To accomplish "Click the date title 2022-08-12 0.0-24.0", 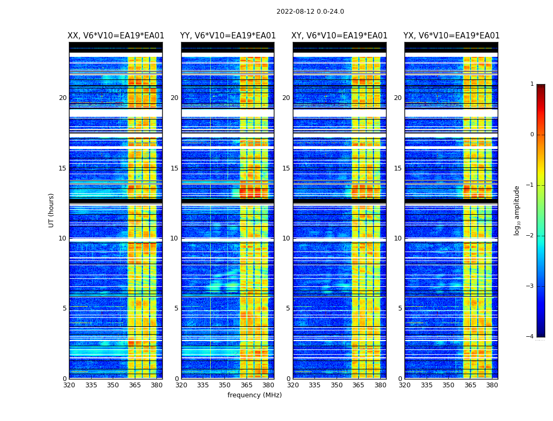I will pos(310,12).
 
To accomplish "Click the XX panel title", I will pos(116,36).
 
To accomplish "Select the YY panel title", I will pos(228,36).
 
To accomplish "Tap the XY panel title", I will pos(340,36).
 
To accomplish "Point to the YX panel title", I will pos(451,36).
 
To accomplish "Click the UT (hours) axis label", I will pos(52,210).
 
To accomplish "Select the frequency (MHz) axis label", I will pos(254,395).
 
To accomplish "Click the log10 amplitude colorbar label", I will pos(517,210).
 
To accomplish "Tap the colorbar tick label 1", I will pos(531,84).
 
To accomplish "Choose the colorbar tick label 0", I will pos(531,135).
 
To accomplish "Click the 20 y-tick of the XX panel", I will pos(63,98).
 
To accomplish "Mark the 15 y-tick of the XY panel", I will pos(287,168).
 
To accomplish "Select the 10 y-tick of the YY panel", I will pos(174,238).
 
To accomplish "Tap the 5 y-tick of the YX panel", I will pos(400,308).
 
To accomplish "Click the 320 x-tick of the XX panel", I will pos(69,385).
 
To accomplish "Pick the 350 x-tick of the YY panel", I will pos(225,385).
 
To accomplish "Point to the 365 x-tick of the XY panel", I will pos(358,385).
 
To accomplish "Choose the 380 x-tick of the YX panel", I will pos(492,385).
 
